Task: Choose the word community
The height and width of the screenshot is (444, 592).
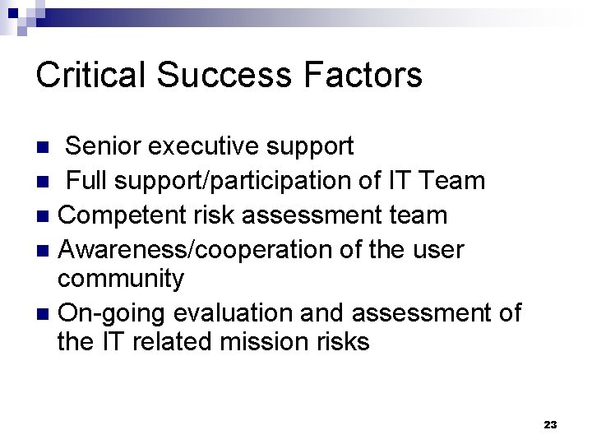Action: pos(121,279)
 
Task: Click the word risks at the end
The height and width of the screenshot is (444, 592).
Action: pos(341,341)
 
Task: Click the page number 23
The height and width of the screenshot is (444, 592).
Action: pos(550,424)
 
